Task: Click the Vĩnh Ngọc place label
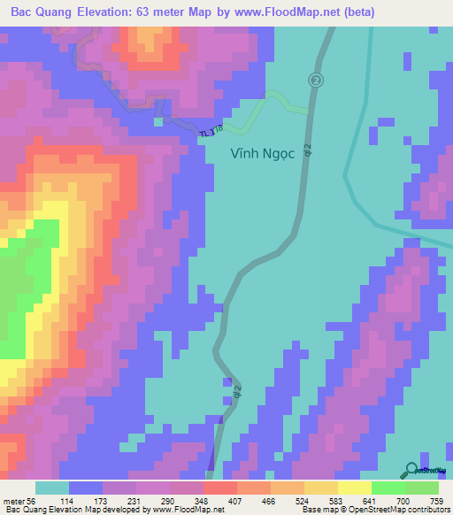coord(262,152)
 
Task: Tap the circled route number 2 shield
coord(316,81)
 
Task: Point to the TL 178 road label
coord(211,131)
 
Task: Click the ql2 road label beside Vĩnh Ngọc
coord(307,152)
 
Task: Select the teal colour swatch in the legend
coord(51,488)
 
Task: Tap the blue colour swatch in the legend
coord(86,488)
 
